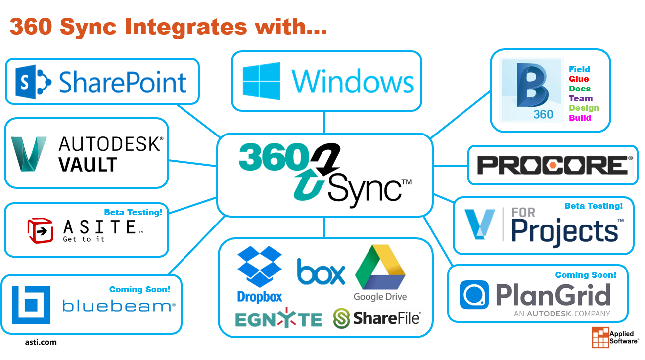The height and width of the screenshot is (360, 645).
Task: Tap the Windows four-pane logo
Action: (262, 81)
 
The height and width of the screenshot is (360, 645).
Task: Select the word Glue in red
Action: (579, 79)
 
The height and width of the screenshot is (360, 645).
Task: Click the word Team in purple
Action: (581, 98)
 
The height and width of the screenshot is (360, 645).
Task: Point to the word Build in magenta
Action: (580, 118)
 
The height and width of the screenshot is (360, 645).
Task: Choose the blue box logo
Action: (321, 271)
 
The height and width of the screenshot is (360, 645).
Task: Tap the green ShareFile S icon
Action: (341, 318)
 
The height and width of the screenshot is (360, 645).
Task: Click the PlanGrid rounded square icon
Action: (474, 295)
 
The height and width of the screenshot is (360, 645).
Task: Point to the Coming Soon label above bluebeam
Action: (139, 289)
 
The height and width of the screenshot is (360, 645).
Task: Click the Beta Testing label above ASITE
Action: (133, 212)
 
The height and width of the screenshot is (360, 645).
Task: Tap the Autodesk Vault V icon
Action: (29, 153)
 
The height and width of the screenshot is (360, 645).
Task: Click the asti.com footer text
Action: (41, 342)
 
